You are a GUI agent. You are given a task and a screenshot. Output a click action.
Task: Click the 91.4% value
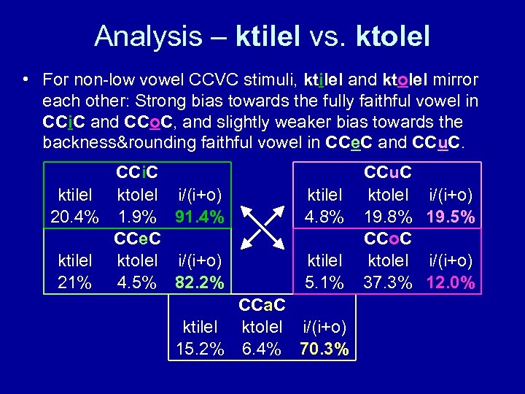199,217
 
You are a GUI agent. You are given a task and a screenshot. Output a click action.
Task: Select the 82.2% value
199,282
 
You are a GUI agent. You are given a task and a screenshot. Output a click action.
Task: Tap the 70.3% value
323,349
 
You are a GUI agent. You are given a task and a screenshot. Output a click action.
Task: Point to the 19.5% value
452,217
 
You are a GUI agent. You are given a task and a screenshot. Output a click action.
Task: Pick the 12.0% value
452,282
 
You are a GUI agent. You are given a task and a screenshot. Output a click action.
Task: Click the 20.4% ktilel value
74,217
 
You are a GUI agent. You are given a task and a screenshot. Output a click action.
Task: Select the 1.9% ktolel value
137,217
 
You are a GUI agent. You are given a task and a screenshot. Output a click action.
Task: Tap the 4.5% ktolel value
137,282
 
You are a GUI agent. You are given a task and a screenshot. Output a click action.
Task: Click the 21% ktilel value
74,282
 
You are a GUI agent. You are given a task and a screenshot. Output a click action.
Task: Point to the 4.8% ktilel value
324,217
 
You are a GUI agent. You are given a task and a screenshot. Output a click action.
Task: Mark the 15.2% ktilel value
200,349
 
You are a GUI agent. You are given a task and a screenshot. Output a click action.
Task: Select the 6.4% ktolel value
261,349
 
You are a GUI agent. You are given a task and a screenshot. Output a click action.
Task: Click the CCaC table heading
262,304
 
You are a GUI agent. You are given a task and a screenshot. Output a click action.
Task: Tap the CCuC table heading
388,173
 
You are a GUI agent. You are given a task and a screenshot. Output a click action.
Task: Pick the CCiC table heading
138,173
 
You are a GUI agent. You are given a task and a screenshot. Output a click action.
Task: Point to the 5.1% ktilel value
324,282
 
